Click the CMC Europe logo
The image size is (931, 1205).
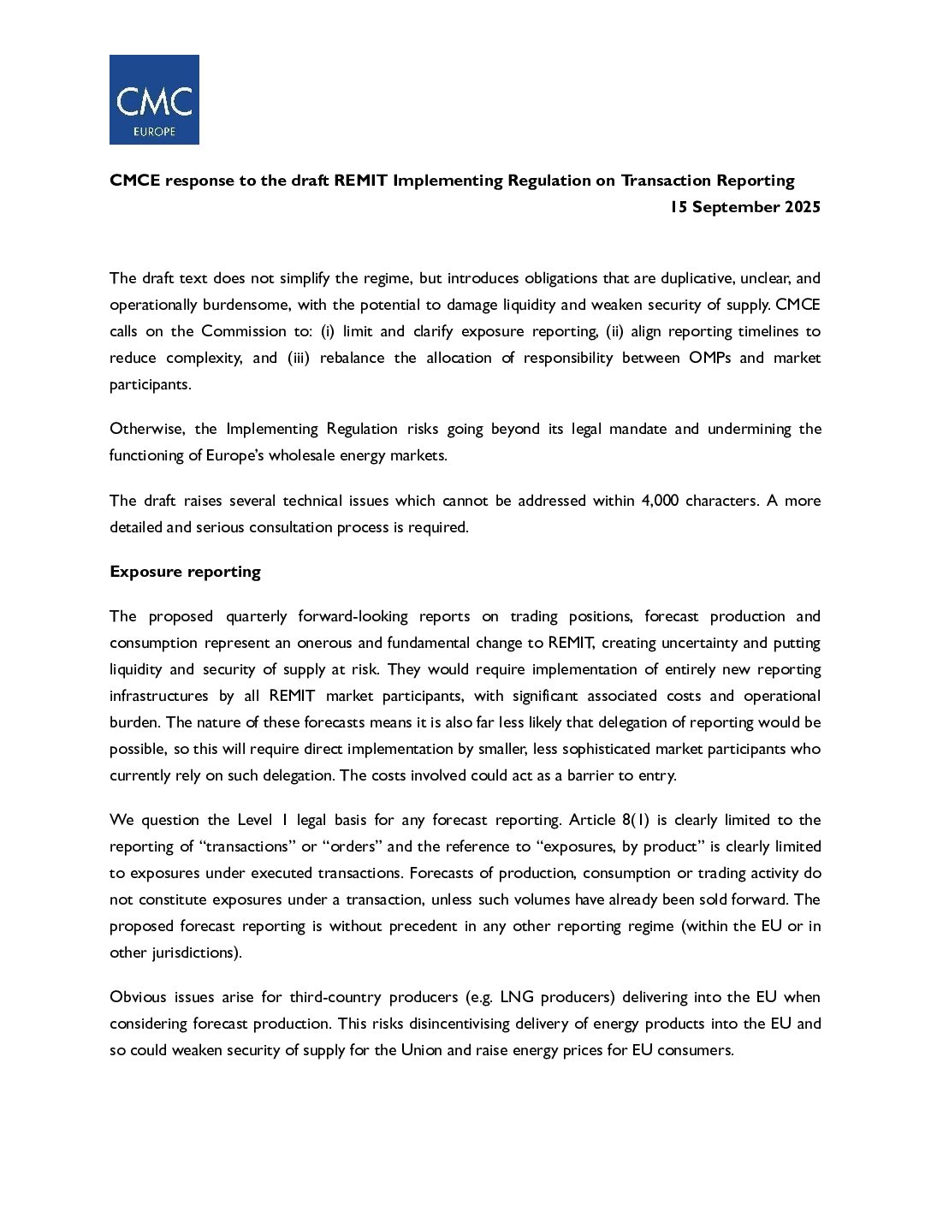(x=154, y=99)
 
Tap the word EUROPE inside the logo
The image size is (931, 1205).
(x=155, y=132)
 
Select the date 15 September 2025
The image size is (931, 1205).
(x=744, y=207)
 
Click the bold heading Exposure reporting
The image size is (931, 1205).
(x=185, y=572)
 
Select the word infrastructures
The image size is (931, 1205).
(x=159, y=696)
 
